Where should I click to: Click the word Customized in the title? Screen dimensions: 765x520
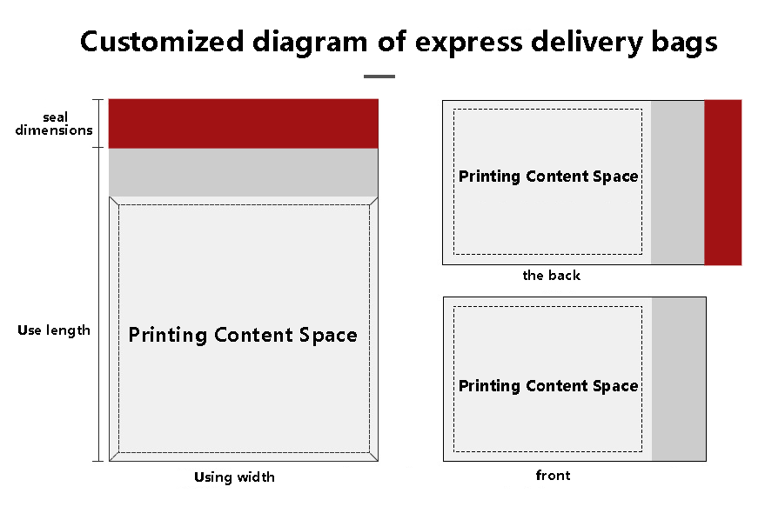[x=162, y=42]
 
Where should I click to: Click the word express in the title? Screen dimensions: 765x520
[x=468, y=43]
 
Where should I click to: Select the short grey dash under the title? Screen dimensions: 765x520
[x=379, y=77]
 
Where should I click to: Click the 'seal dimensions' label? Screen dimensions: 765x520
[x=54, y=123]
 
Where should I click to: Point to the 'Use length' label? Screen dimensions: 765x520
[x=54, y=330]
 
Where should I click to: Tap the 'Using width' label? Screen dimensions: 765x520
[x=235, y=477]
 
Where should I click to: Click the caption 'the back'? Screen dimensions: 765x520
[x=551, y=276]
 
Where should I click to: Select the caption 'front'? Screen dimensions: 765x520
[x=553, y=475]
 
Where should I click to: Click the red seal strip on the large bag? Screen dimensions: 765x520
[x=243, y=123]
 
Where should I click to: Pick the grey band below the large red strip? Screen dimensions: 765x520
[x=243, y=172]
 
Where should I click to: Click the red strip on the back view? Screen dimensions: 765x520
[x=723, y=183]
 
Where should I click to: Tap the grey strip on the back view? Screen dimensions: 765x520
[x=678, y=183]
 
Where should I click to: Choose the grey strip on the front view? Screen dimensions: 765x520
[x=679, y=379]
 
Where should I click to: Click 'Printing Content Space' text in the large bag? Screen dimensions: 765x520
[x=243, y=336]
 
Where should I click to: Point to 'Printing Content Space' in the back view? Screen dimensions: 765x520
[x=548, y=177]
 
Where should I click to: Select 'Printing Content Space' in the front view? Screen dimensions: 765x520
[x=548, y=386]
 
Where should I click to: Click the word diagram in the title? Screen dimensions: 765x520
[x=310, y=43]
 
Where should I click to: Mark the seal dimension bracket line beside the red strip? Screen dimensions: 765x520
[x=99, y=123]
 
